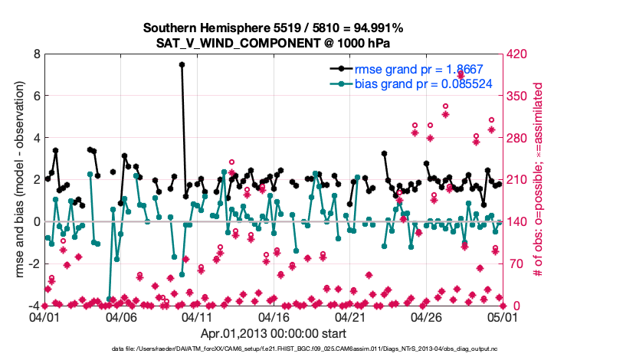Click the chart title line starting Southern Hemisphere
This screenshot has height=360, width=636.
[274, 28]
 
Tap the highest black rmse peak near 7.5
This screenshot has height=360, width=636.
[182, 65]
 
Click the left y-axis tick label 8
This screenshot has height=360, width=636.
[36, 54]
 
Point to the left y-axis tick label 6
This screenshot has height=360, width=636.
[36, 97]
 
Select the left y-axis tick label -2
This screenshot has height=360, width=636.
[34, 264]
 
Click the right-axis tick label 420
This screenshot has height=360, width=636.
[517, 54]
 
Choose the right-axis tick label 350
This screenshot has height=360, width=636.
[517, 97]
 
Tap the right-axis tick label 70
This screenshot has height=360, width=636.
[514, 264]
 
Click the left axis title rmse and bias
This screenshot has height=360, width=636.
[17, 180]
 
